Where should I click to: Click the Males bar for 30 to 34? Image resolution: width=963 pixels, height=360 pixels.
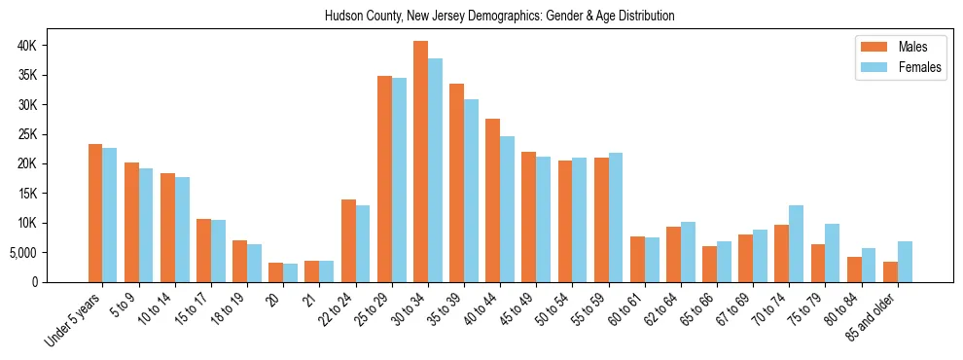[420, 162]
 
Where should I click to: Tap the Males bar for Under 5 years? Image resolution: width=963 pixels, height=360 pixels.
[95, 213]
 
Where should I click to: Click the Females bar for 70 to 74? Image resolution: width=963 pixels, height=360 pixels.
[796, 243]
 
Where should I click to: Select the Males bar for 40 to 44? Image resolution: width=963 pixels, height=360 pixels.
[492, 200]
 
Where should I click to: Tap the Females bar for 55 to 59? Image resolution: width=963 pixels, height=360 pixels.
[616, 217]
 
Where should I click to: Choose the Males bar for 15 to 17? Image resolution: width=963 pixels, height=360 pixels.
[203, 250]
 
